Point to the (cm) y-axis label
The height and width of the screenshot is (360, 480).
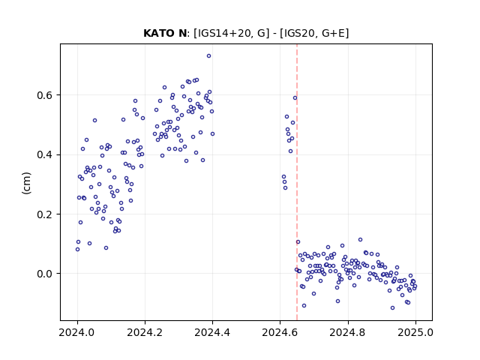click(x=27, y=183)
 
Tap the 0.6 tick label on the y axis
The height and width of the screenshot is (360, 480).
click(x=45, y=95)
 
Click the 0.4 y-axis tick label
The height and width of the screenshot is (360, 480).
click(x=45, y=154)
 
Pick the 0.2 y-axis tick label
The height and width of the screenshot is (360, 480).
click(x=45, y=214)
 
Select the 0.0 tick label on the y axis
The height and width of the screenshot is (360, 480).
click(x=45, y=274)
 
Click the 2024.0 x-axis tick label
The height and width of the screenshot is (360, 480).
click(x=77, y=332)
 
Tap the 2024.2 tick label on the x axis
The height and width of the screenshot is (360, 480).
click(x=145, y=332)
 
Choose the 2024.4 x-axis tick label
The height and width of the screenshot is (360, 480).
click(x=212, y=332)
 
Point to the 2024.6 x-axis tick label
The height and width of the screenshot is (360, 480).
click(x=280, y=332)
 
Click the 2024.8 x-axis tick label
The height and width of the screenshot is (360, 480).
click(x=347, y=332)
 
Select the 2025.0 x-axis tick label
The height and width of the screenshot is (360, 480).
click(x=415, y=332)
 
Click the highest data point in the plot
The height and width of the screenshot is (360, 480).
click(x=208, y=56)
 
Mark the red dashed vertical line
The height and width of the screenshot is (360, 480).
click(x=297, y=182)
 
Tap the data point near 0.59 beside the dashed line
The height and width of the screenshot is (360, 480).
click(x=295, y=98)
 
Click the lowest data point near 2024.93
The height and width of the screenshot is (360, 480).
click(x=392, y=308)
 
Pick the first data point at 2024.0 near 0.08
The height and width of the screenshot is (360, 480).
click(x=77, y=250)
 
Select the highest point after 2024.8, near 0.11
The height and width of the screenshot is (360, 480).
click(x=360, y=240)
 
